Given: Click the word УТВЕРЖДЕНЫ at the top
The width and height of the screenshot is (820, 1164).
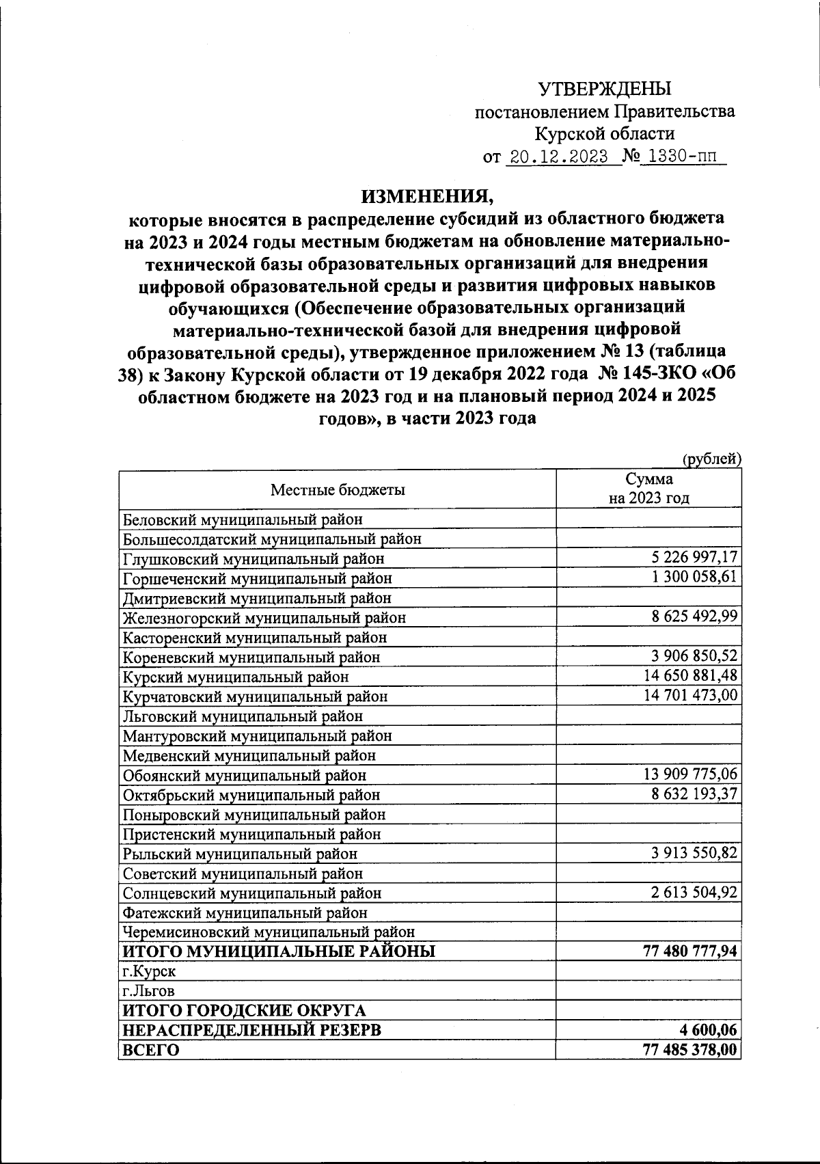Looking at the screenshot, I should point(605,89).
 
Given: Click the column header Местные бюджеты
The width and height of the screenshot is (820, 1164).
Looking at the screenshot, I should point(338,489).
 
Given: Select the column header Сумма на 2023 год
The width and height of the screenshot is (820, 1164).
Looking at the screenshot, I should point(648,489).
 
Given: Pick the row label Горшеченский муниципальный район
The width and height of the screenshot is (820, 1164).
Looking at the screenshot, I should point(258,578).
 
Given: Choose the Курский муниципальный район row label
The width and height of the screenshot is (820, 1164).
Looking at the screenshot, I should point(236,677).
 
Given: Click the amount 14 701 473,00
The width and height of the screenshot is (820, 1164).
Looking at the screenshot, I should point(691,696).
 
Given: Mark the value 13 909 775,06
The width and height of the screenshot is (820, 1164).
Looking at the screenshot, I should point(691,775).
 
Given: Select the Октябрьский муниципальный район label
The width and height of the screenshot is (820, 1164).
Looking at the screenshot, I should point(251,795).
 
